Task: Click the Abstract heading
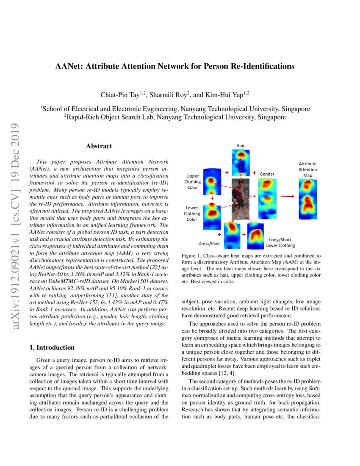point(99,146)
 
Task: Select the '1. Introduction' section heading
point(52,347)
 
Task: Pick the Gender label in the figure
point(267,174)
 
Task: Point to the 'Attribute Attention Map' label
point(307,169)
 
